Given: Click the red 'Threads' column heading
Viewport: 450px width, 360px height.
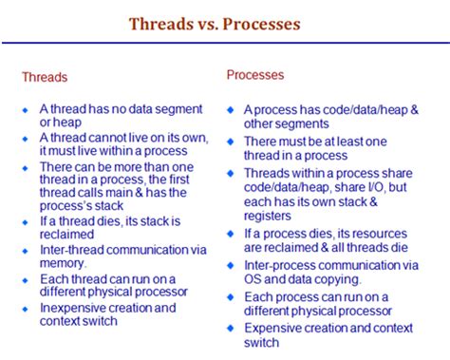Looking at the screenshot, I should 45,78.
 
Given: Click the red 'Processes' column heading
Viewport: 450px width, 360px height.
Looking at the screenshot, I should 255,73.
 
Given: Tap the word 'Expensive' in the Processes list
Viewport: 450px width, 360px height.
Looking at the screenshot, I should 274,328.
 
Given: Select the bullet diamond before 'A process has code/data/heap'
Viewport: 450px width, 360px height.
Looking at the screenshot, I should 231,109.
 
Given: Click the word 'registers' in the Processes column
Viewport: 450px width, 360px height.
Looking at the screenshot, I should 269,216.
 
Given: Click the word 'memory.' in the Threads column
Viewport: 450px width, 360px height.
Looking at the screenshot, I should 62,264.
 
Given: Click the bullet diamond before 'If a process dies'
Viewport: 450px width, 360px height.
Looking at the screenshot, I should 231,235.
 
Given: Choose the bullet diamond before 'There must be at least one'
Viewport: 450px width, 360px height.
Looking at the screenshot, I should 231,141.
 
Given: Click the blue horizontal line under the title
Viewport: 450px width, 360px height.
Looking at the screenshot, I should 225,43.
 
